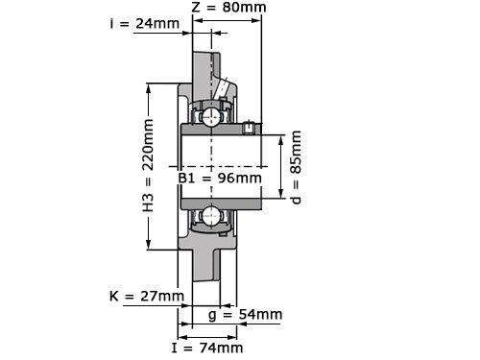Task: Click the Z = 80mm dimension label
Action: [x=228, y=7]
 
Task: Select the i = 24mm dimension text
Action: [x=145, y=23]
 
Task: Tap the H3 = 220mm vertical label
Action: [x=148, y=165]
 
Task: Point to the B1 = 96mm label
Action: [x=220, y=178]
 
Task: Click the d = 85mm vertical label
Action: [x=296, y=167]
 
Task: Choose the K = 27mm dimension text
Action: [x=147, y=296]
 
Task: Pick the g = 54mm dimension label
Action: [x=245, y=315]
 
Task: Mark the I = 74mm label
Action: [x=207, y=348]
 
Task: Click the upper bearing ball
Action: [x=211, y=117]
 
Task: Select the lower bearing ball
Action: [x=211, y=216]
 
